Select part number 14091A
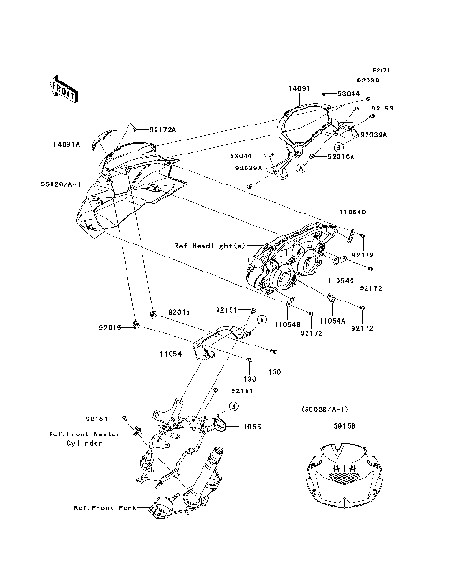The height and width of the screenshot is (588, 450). (67, 145)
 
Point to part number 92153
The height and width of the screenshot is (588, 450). (381, 109)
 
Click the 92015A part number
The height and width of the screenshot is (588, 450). (342, 157)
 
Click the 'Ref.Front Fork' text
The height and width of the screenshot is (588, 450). (104, 508)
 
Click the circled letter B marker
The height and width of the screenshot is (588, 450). (234, 404)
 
